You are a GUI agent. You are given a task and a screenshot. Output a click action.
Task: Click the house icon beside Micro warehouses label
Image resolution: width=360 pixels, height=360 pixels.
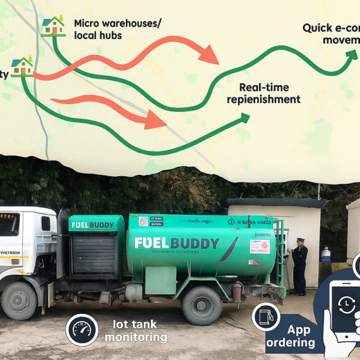coord(53,26)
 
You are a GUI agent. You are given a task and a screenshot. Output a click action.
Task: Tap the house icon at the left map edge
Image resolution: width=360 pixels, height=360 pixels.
coord(22,66)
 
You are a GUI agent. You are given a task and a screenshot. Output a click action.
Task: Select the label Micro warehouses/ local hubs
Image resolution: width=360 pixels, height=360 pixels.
coord(117,29)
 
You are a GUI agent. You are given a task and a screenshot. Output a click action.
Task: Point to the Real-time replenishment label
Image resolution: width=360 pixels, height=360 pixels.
coord(269,93)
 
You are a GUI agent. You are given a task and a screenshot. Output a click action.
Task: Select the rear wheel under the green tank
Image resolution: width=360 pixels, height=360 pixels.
coord(201,305)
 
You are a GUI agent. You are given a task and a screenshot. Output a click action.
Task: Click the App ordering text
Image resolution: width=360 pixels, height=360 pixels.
coord(299,337)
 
